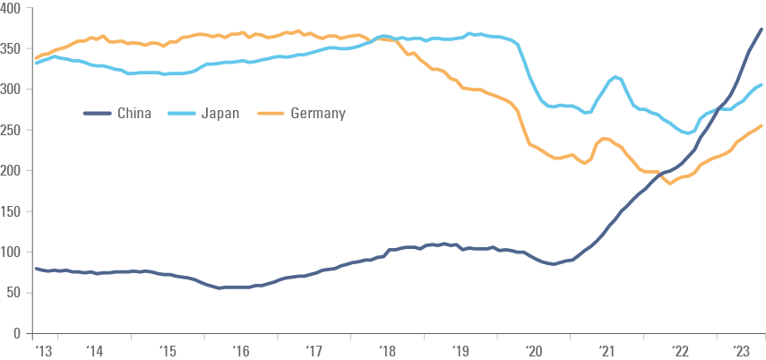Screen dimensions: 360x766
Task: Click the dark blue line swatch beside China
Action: click(97, 114)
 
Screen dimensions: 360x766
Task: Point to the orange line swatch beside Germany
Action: click(271, 114)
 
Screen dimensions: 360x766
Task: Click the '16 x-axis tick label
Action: click(243, 352)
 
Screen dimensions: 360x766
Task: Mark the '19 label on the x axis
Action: click(462, 352)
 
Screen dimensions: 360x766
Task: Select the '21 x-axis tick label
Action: click(609, 352)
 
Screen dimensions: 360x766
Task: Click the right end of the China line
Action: click(762, 30)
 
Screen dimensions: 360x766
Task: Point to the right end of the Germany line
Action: click(762, 126)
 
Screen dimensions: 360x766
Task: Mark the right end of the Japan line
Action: click(762, 85)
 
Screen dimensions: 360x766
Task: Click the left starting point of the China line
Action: click(35, 268)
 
